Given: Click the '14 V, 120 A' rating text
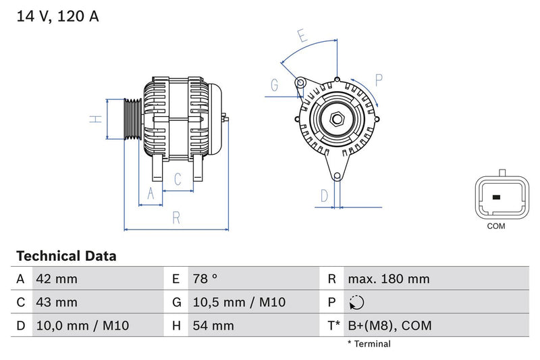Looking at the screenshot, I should click(x=57, y=16).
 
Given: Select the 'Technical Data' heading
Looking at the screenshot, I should click(x=66, y=257).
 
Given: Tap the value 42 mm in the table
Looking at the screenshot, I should click(x=57, y=279).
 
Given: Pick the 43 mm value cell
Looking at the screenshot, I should click(x=57, y=303).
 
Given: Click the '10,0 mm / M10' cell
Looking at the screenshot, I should click(x=82, y=326).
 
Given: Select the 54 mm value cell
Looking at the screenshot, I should click(x=213, y=326).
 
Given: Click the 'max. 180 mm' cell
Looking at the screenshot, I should click(x=388, y=279).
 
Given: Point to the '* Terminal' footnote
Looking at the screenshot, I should click(x=369, y=344).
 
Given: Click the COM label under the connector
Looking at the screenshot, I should click(x=496, y=226).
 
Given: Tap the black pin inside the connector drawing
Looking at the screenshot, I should click(x=496, y=198).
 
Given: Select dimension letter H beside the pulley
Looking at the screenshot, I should click(x=97, y=119).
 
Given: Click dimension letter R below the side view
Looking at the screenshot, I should click(x=175, y=217).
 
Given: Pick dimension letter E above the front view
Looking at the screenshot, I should click(x=302, y=36).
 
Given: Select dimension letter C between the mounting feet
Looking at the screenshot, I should click(x=177, y=179).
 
